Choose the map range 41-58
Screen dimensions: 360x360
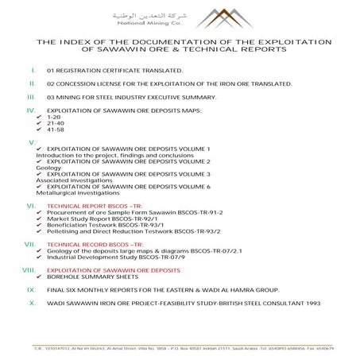coord(56,130)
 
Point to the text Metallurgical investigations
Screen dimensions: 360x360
coord(75,192)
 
